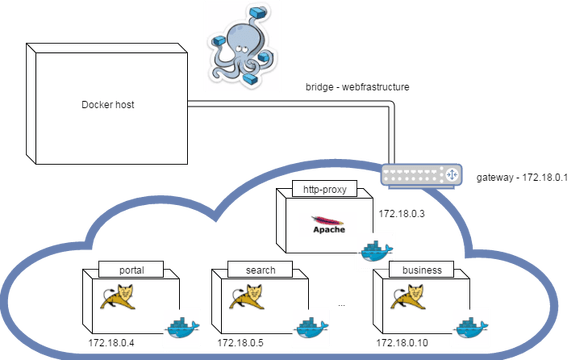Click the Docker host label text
108,105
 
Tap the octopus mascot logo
243,47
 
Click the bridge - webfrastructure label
357,87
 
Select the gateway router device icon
421,175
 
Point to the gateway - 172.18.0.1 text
522,177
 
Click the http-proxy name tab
325,189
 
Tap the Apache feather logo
329,224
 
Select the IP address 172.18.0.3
402,214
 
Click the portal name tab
131,270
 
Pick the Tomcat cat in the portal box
118,297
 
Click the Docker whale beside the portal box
182,328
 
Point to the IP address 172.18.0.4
111,343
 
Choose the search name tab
260,270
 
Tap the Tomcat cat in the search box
247,297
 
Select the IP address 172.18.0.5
240,343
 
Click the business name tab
422,270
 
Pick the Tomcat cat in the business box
408,297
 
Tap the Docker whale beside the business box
471,328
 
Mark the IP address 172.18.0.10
402,343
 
